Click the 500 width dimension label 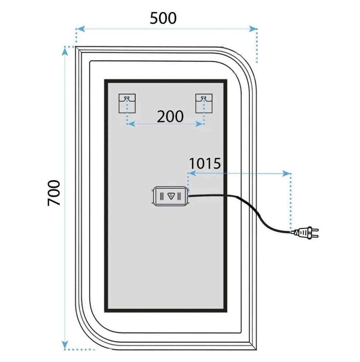[x=163, y=18]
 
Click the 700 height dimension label [x=54, y=193]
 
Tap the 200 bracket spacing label [x=170, y=117]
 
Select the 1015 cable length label [x=205, y=163]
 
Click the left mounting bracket [x=127, y=103]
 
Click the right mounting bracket [x=204, y=103]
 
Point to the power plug [x=306, y=233]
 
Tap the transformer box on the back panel [x=170, y=196]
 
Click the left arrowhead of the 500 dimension [x=80, y=29]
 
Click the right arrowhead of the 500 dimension [x=253, y=29]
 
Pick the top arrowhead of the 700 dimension [x=65, y=51]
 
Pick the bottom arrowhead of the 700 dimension [x=65, y=344]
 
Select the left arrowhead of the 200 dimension [x=131, y=124]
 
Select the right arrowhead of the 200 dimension [x=199, y=124]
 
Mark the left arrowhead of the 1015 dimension [x=192, y=173]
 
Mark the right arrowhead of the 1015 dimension [x=287, y=173]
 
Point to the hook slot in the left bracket [x=126, y=98]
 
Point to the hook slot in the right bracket [x=203, y=98]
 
